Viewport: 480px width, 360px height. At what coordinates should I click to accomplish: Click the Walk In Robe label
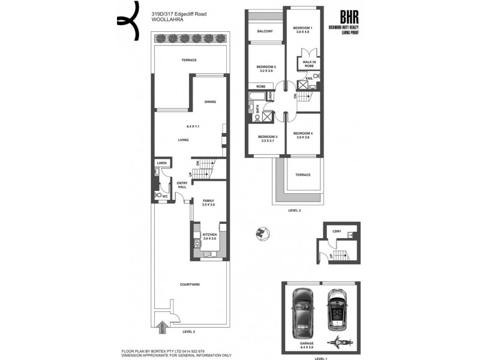[309, 63]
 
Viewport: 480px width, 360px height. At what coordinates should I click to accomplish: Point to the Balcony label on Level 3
[265, 31]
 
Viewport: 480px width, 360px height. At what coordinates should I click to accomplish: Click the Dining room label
[210, 101]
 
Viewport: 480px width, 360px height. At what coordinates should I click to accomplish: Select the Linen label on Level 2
[161, 163]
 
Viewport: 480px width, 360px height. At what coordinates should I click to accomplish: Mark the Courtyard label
[190, 284]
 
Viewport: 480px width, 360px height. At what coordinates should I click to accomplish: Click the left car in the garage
[301, 313]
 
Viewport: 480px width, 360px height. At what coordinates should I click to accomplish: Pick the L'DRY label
[336, 231]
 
